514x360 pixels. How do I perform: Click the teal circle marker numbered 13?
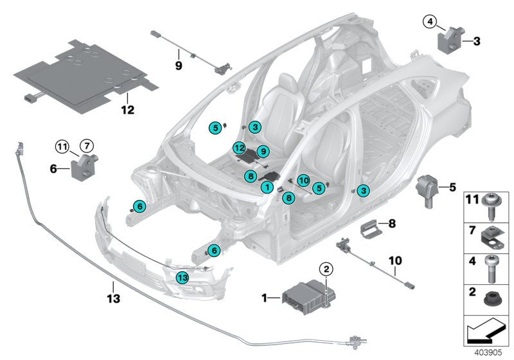tap(183, 277)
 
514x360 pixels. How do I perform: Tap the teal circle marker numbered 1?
tap(267, 186)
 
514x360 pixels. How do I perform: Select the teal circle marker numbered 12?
tap(238, 148)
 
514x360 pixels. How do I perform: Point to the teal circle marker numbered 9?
tap(262, 150)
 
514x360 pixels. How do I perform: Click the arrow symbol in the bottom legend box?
tap(486, 331)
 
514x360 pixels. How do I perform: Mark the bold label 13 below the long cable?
tap(112, 297)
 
